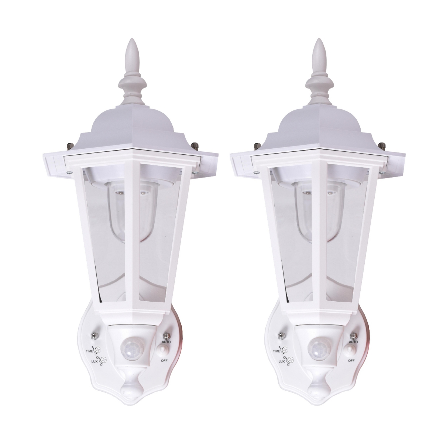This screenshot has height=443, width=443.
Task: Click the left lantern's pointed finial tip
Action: click(x=131, y=39)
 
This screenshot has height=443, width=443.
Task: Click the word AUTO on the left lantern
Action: click(x=166, y=342)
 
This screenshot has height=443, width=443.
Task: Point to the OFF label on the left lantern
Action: click(x=164, y=361)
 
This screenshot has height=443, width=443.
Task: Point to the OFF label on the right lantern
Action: click(x=351, y=361)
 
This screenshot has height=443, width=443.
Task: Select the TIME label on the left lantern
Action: click(x=89, y=351)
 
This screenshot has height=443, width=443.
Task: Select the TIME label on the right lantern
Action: click(x=277, y=351)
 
